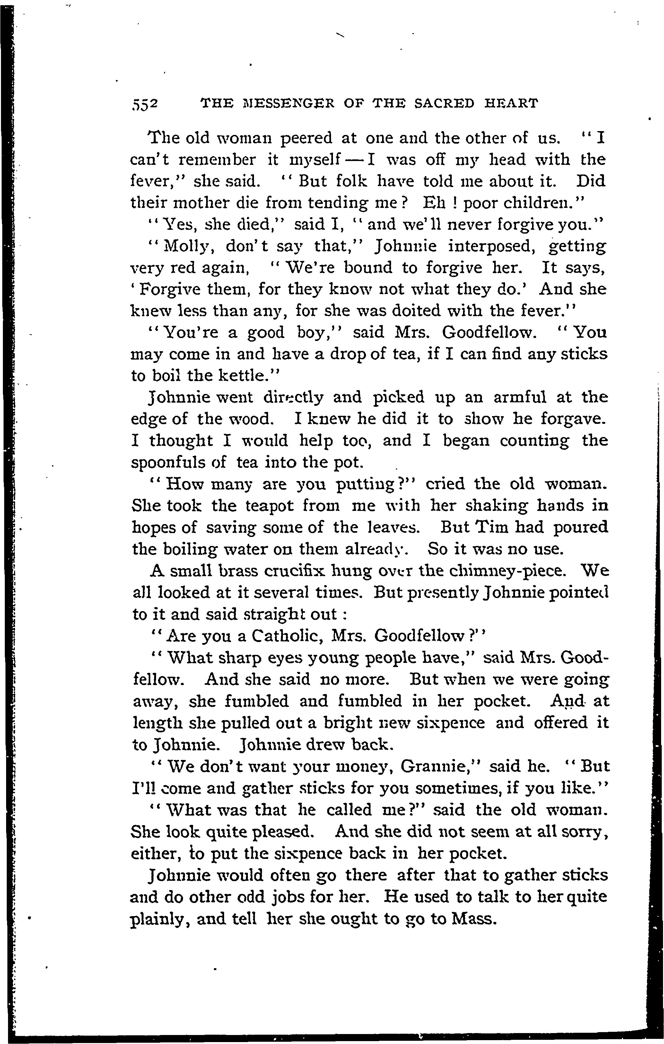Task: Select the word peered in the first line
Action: click(307, 139)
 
